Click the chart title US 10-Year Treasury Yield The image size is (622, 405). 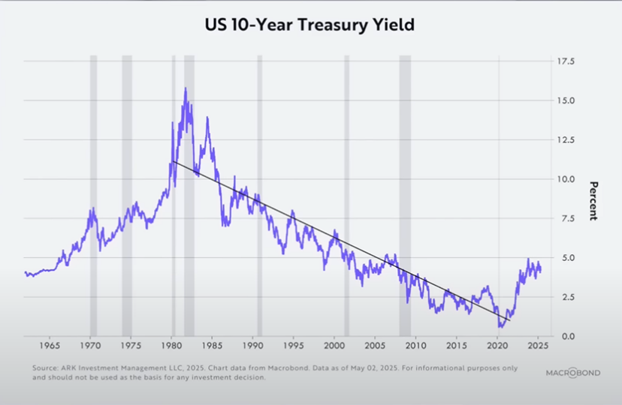[310, 24]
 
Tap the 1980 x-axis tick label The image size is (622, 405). [171, 348]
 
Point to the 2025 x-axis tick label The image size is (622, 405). [537, 348]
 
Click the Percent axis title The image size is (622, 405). [593, 200]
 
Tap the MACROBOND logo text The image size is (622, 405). [572, 373]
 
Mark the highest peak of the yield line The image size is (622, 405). [185, 88]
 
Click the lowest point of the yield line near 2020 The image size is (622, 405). [500, 326]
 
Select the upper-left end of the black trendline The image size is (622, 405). [172, 161]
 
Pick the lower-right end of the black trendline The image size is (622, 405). [509, 321]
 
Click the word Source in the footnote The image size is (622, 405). [46, 368]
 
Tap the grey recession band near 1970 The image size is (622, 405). [93, 195]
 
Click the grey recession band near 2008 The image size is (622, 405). [404, 195]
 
